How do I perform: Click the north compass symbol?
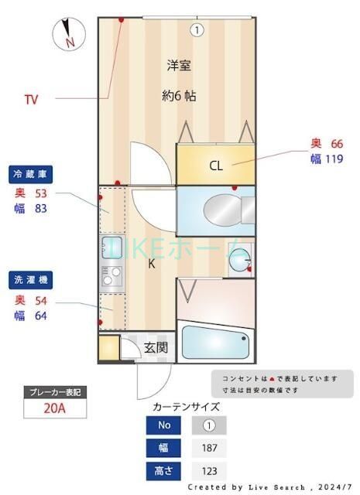pos(68,33)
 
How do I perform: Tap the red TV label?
pos(31,99)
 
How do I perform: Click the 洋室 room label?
pos(178,66)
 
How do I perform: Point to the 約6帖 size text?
pos(178,97)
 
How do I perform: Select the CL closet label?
pos(216,166)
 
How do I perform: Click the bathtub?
pos(215,343)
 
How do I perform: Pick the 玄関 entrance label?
pos(156,347)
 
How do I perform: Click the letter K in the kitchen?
pos(152,264)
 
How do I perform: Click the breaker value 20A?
pos(54,409)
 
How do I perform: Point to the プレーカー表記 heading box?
pos(54,391)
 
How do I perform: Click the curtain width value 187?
pos(208,447)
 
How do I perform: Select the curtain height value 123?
pos(208,470)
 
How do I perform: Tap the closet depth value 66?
pos(336,143)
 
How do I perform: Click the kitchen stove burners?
pos(111,275)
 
